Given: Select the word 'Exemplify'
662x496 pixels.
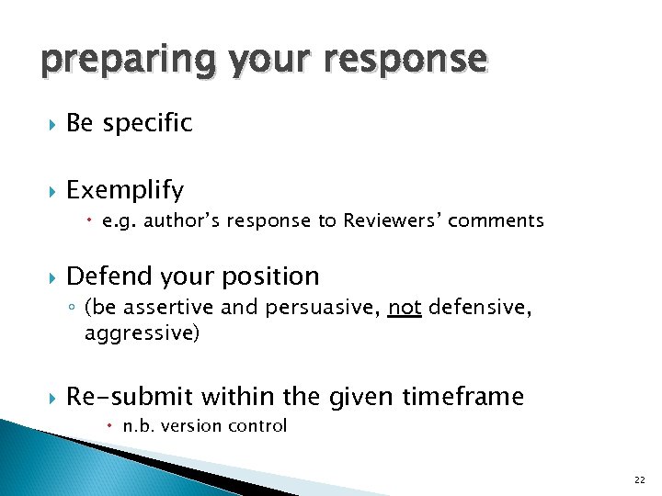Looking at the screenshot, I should pyautogui.click(x=125, y=190).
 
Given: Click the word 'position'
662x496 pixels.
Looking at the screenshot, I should pyautogui.click(x=274, y=276).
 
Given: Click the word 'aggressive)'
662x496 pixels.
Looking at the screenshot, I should pyautogui.click(x=141, y=333).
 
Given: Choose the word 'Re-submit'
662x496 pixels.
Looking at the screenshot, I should pyautogui.click(x=130, y=397).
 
